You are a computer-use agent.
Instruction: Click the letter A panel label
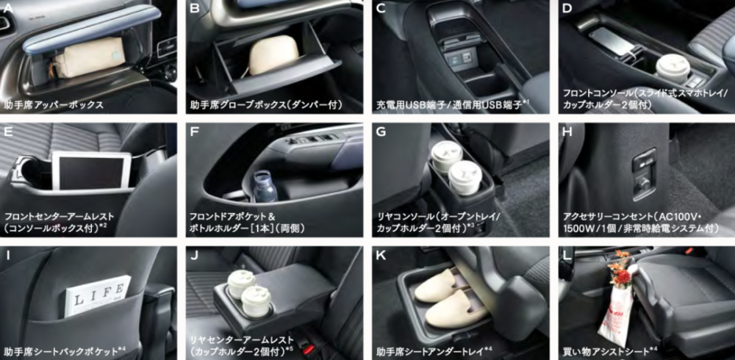8,7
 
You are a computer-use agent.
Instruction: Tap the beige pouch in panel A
90,57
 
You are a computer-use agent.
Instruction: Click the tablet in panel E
91,170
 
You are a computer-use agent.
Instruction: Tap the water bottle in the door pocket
265,186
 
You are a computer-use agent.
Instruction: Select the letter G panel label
381,132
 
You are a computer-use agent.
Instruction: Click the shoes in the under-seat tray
449,298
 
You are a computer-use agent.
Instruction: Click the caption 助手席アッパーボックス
54,105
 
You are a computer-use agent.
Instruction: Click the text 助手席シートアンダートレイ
431,350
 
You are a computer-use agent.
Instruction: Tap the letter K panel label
381,256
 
